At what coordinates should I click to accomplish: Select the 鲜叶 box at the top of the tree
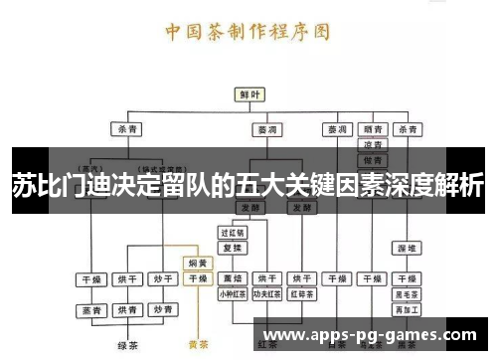coord(249,93)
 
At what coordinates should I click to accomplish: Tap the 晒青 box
coord(372,129)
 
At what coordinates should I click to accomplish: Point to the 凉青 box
coord(372,144)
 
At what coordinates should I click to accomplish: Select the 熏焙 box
coord(232,278)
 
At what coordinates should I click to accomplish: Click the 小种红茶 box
coord(232,293)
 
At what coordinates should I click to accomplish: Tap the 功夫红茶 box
coord(265,293)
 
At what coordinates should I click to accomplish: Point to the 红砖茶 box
coord(300,293)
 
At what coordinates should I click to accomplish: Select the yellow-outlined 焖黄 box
coord(198,264)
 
